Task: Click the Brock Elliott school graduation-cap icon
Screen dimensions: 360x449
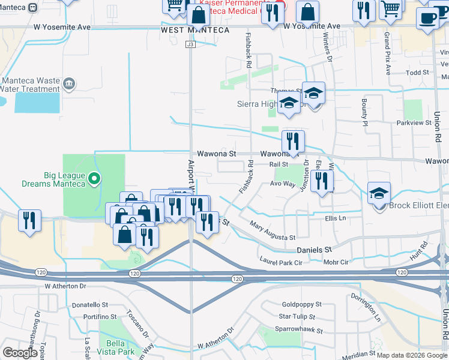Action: (379, 194)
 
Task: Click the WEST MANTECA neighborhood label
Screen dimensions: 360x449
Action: (195, 30)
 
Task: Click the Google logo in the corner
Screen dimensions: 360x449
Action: (20, 353)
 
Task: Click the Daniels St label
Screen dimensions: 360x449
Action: (313, 249)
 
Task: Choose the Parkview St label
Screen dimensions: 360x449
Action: (415, 122)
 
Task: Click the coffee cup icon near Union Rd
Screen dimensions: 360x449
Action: (427, 18)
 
